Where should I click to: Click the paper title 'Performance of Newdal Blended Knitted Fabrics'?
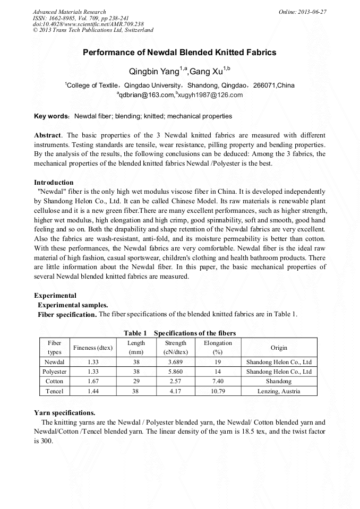point(179,53)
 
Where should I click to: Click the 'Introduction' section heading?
point(54,182)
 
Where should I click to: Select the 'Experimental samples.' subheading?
point(73,305)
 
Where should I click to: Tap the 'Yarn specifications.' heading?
point(65,412)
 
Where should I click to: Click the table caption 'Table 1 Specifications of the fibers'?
point(179,333)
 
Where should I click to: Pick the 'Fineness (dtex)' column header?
point(93,348)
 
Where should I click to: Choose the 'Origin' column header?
point(279,348)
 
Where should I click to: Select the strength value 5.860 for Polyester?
point(176,372)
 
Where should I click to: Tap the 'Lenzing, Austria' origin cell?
point(279,391)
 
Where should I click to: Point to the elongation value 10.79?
point(218,391)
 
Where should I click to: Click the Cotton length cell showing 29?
point(136,381)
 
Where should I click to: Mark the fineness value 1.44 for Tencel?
point(93,391)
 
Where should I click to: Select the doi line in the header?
point(88,24)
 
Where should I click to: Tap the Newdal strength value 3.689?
point(176,362)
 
